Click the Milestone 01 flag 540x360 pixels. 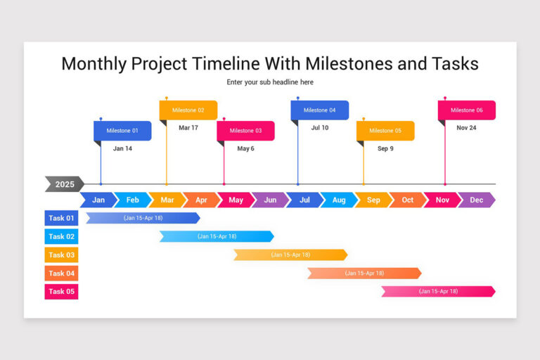[x=122, y=131]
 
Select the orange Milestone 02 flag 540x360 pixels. [x=188, y=110]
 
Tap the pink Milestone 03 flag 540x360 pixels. [x=245, y=131]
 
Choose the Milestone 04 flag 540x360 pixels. [x=320, y=110]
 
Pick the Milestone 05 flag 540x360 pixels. [x=385, y=131]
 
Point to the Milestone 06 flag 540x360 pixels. [x=467, y=110]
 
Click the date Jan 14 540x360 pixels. [x=122, y=149]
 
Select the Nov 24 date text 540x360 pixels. [x=466, y=128]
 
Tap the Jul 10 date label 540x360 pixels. [x=320, y=128]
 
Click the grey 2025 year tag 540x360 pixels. [x=64, y=184]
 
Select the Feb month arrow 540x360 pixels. [x=132, y=200]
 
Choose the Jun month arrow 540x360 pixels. [x=270, y=200]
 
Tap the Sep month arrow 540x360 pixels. [x=373, y=200]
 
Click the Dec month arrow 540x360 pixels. [x=477, y=200]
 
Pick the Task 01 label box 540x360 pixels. [x=61, y=219]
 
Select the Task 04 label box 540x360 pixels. [x=61, y=274]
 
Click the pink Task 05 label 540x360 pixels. [x=61, y=292]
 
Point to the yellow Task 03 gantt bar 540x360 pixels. [x=290, y=255]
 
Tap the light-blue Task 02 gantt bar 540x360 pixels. [x=217, y=237]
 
